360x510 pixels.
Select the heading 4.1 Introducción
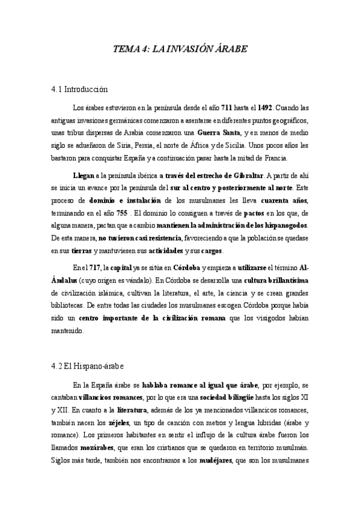[79, 90]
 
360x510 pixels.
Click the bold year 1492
[264, 108]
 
